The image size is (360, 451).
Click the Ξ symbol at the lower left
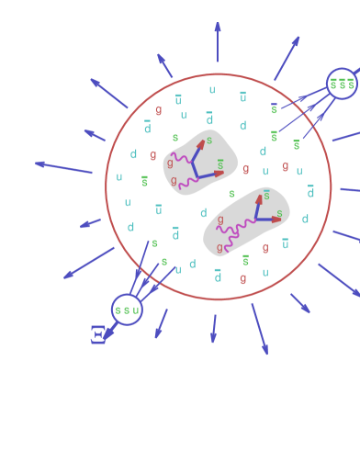pyautogui.click(x=97, y=333)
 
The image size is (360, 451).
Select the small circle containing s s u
pyautogui.click(x=127, y=310)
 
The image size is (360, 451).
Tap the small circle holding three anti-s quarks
pyautogui.click(x=342, y=84)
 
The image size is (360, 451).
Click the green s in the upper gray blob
pyautogui.click(x=208, y=141)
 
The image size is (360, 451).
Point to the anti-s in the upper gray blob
pyautogui.click(x=219, y=164)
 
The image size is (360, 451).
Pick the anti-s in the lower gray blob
pyautogui.click(x=266, y=195)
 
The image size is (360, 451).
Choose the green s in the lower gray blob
pyautogui.click(x=279, y=213)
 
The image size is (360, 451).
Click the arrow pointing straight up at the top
pyautogui.click(x=218, y=41)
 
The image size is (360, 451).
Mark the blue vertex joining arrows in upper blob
pyautogui.click(x=195, y=176)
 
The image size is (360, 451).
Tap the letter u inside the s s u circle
pyautogui.click(x=136, y=310)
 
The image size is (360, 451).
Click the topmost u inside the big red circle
pyautogui.click(x=212, y=90)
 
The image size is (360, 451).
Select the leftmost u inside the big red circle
pyautogui.click(x=119, y=177)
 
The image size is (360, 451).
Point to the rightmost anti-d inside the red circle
pyautogui.click(x=310, y=192)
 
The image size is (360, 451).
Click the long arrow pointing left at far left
pyautogui.click(x=63, y=167)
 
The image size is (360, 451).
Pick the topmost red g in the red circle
pyautogui.click(x=158, y=110)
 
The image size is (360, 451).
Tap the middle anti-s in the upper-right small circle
pyautogui.click(x=342, y=84)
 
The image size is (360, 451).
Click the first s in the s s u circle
pyautogui.click(x=118, y=310)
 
